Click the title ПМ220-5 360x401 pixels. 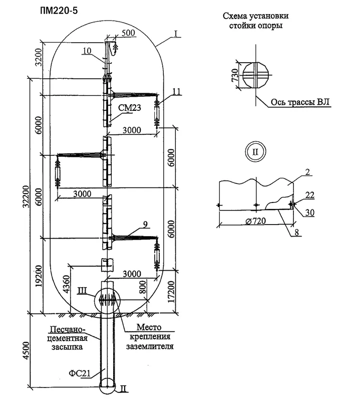[59, 11]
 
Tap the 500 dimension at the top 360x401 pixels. [128, 33]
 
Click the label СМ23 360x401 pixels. [130, 108]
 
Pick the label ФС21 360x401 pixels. [80, 373]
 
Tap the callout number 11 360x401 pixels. [177, 91]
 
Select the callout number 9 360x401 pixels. [145, 225]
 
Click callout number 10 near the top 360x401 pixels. [87, 51]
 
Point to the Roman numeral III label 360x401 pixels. [83, 291]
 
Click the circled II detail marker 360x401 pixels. [255, 152]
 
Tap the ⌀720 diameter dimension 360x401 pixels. [256, 221]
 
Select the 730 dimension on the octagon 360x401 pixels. [235, 75]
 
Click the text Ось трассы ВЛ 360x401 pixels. [300, 102]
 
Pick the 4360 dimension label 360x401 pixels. [66, 284]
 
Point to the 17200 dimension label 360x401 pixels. [171, 292]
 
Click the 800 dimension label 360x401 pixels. [143, 287]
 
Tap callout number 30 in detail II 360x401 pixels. [310, 213]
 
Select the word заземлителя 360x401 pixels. [150, 346]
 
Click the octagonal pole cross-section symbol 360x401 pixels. [256, 75]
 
